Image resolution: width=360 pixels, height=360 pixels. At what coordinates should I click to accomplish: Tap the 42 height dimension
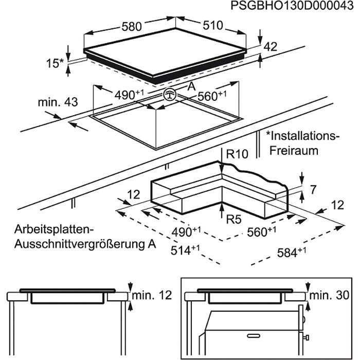click(x=271, y=47)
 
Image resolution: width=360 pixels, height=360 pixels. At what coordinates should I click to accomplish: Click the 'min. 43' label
click(x=58, y=102)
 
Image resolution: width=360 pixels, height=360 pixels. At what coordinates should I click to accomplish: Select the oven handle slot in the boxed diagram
click(x=256, y=336)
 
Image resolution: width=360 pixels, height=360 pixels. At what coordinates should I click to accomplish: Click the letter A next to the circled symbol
click(x=191, y=86)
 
